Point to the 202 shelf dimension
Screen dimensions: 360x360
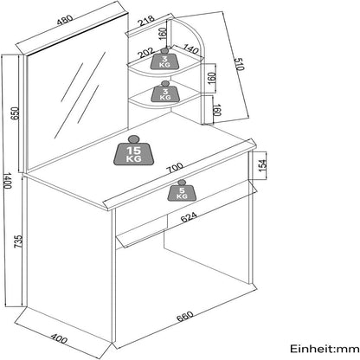144,52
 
